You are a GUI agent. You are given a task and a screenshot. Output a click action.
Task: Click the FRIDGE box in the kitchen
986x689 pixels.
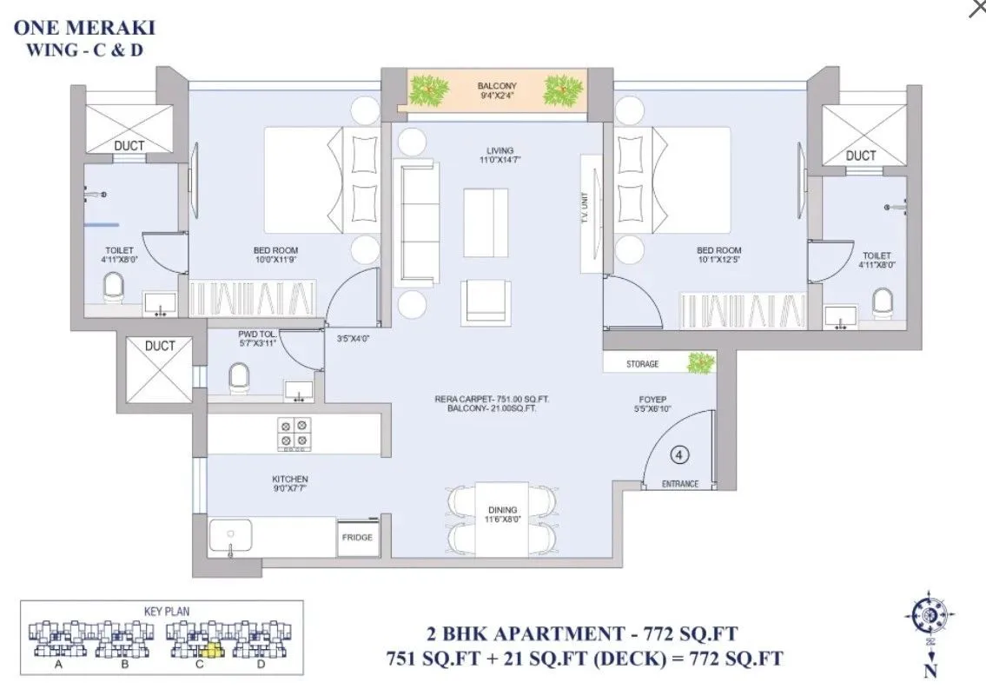(x=357, y=538)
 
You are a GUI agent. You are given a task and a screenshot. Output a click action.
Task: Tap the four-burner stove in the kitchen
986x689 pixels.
(x=294, y=433)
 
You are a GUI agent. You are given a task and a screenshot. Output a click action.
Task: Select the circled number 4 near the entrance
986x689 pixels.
(x=680, y=454)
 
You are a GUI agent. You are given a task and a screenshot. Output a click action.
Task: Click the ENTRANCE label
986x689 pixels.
(x=680, y=484)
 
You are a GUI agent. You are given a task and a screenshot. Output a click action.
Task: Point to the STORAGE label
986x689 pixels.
(x=642, y=364)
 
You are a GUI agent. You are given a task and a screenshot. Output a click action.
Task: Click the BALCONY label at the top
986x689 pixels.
(x=497, y=86)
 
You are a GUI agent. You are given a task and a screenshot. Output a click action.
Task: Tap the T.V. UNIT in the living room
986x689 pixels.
(x=592, y=213)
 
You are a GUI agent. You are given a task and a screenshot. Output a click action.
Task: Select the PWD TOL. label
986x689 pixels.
(x=256, y=334)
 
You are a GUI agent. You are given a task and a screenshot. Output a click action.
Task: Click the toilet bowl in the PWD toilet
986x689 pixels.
(x=237, y=378)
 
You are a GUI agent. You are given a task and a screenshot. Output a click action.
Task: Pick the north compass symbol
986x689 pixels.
(x=930, y=616)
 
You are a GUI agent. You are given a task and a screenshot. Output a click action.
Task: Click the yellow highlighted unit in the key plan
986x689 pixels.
(x=208, y=648)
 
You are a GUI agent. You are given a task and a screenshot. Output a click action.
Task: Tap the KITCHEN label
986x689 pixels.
(x=290, y=479)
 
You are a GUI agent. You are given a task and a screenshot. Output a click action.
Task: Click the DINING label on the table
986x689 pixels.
(x=502, y=510)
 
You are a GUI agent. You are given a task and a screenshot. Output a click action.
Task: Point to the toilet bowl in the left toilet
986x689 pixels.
(x=113, y=286)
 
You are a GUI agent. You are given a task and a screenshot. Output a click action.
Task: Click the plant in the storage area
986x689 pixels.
(x=700, y=363)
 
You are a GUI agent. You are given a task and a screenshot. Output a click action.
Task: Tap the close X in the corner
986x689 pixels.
(x=976, y=8)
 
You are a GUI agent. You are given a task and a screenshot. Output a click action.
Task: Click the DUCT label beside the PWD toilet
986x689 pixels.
(x=160, y=346)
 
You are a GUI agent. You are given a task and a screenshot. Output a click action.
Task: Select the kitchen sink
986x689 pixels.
(x=230, y=536)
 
